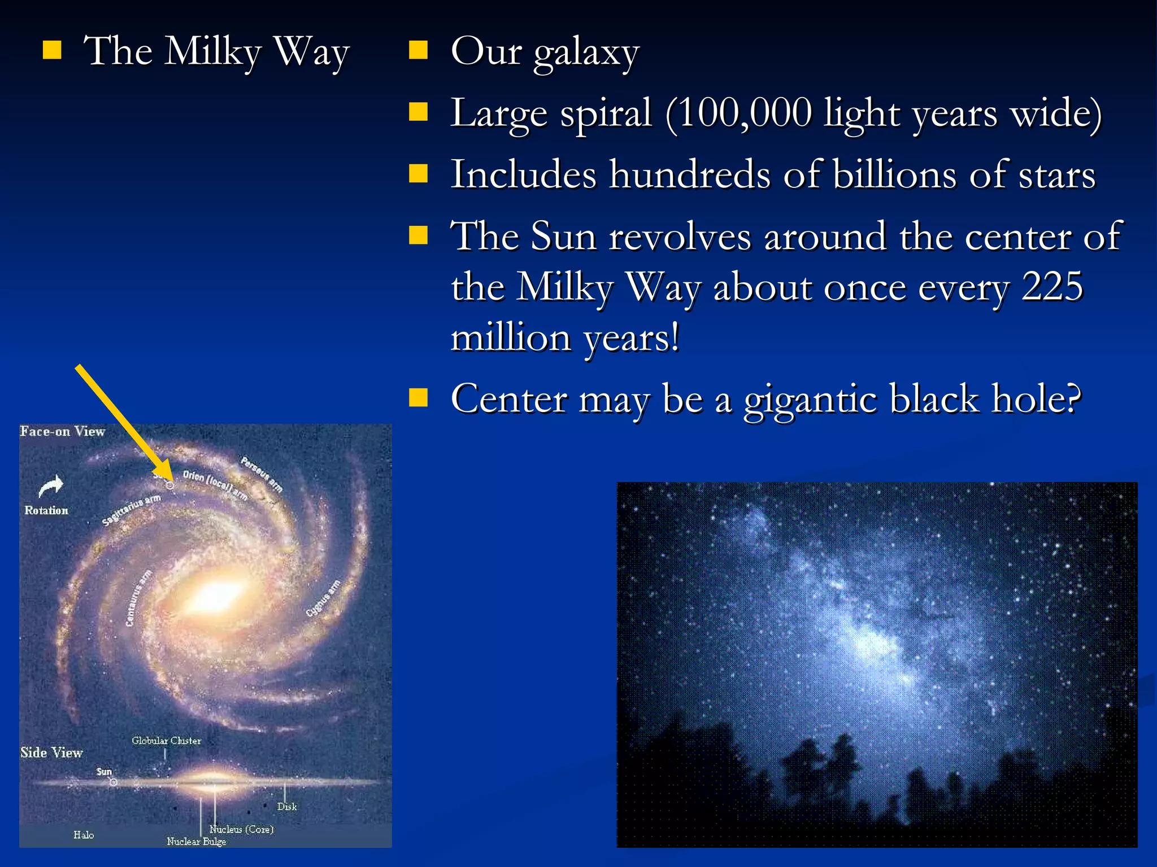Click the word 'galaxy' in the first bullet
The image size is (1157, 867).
586,53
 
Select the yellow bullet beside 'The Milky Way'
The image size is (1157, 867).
52,50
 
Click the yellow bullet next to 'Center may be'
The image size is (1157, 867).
418,397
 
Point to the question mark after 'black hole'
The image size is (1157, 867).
1069,399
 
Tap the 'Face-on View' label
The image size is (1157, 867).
63,432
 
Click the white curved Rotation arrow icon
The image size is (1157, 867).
50,485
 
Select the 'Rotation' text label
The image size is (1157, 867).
46,510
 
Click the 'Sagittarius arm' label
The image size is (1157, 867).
131,509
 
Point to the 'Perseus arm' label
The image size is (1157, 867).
261,474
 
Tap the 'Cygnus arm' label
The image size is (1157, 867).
324,598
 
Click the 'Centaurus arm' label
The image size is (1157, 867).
138,598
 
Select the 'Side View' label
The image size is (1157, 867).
51,752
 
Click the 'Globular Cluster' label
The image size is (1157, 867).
166,741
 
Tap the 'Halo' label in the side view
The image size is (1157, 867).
84,835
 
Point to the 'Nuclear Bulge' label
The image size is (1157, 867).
196,842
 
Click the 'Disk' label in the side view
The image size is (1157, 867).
287,807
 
